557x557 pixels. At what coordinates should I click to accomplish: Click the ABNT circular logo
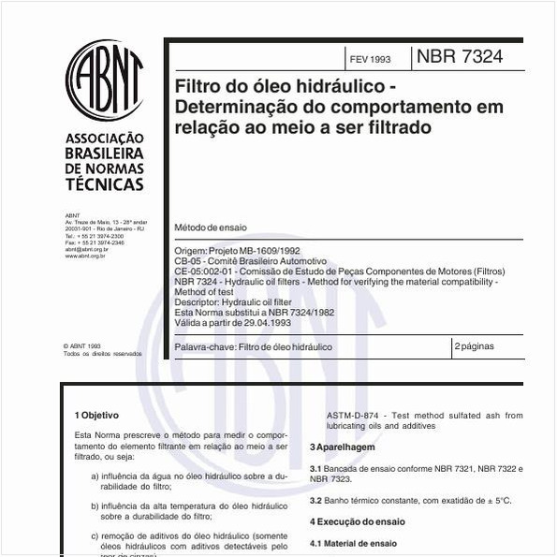point(103,81)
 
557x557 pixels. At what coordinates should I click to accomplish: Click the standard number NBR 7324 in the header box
point(459,57)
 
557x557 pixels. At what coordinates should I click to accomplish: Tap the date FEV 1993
point(370,59)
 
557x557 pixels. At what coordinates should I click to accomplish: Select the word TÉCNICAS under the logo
point(103,184)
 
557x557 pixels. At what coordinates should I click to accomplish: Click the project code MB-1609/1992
point(272,251)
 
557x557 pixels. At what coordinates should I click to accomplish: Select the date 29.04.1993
point(264,322)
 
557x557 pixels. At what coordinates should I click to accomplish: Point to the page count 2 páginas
point(475,346)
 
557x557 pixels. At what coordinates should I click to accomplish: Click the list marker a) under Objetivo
point(95,476)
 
